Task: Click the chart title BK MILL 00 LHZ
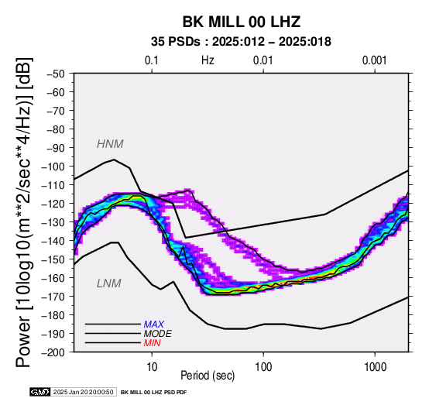tap(242, 22)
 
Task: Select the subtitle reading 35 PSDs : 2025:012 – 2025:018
tap(241, 42)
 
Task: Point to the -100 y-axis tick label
tap(53, 167)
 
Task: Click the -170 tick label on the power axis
tap(53, 297)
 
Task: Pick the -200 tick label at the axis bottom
tap(53, 352)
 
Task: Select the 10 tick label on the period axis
tap(152, 367)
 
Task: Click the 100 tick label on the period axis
tap(263, 367)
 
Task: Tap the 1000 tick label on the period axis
tap(375, 367)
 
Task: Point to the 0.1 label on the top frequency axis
tap(152, 60)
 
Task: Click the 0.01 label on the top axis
tap(263, 60)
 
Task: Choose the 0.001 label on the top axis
tap(375, 60)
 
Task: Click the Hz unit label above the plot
tap(208, 60)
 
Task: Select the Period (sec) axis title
tap(208, 376)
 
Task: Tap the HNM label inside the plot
tap(110, 144)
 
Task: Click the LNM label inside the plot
tap(109, 283)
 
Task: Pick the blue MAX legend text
tap(154, 324)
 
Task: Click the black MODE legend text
tap(158, 334)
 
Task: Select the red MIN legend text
tap(152, 343)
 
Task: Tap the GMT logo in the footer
tap(40, 392)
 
